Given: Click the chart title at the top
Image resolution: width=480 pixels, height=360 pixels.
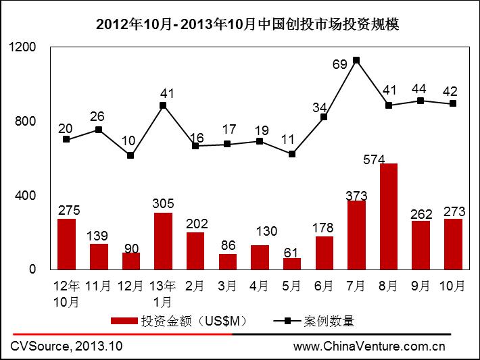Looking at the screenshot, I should pos(247,25).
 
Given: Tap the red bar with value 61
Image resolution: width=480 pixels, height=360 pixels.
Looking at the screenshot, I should pos(292,263).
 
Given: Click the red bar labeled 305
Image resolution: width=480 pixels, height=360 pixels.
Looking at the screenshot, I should pos(163,241).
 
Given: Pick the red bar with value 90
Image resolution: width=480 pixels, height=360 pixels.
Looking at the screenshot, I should pos(131,261).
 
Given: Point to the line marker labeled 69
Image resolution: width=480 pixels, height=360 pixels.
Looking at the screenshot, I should pos(356,60).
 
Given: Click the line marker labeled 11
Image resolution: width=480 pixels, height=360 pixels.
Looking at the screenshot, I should pos(292,154).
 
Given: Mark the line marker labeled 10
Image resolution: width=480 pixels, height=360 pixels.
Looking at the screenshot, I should pos(130,155).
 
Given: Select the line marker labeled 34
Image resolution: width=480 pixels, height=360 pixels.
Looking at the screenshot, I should pos(325,117).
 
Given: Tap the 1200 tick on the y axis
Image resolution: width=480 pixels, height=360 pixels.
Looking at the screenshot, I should pos(22,47).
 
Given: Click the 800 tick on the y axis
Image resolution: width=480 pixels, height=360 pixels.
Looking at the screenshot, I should pos(24,122).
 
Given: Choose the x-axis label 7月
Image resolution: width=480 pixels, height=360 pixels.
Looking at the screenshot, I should pos(356,286).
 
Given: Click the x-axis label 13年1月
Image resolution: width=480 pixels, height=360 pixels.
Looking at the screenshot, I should pos(163,293).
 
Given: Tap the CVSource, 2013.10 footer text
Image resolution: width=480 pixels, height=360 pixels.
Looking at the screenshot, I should pos(66,347).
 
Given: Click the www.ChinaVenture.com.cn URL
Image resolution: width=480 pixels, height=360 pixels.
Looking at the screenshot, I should pos(369,347).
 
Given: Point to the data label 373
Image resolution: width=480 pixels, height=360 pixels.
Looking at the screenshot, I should pos(356,196).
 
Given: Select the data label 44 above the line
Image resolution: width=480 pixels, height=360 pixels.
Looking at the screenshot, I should pos(421,89).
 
